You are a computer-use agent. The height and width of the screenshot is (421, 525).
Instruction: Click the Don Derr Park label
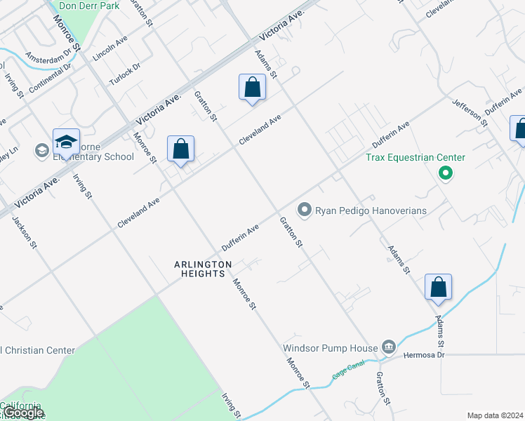(89, 6)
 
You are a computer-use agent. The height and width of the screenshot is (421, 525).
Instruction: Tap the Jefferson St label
(470, 112)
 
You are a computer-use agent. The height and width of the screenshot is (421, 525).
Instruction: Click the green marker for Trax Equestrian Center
(444, 173)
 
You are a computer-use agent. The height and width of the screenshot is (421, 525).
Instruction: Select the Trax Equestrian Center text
(415, 156)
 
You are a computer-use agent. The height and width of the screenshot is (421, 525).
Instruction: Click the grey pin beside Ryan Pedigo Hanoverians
(304, 210)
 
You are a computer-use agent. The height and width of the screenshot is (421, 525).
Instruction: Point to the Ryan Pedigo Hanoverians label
(371, 210)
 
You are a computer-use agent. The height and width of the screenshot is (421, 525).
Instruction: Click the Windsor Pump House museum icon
(388, 347)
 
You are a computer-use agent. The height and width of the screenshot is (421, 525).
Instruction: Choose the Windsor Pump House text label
(330, 347)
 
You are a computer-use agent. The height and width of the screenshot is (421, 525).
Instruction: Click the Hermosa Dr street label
(425, 355)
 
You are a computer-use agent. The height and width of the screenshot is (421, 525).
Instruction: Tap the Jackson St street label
(25, 231)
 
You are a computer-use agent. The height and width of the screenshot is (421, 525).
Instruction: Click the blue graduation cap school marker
(66, 142)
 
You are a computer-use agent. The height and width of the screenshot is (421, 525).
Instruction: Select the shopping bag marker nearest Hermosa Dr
(438, 288)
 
